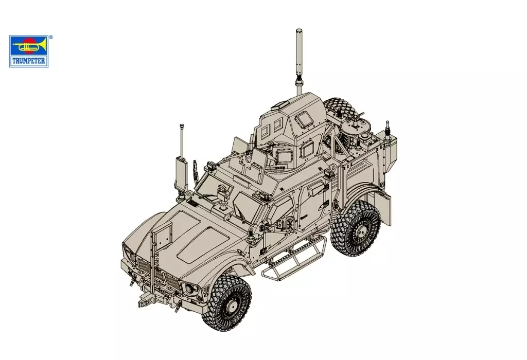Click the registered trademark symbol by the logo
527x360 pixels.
(x=50, y=37)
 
